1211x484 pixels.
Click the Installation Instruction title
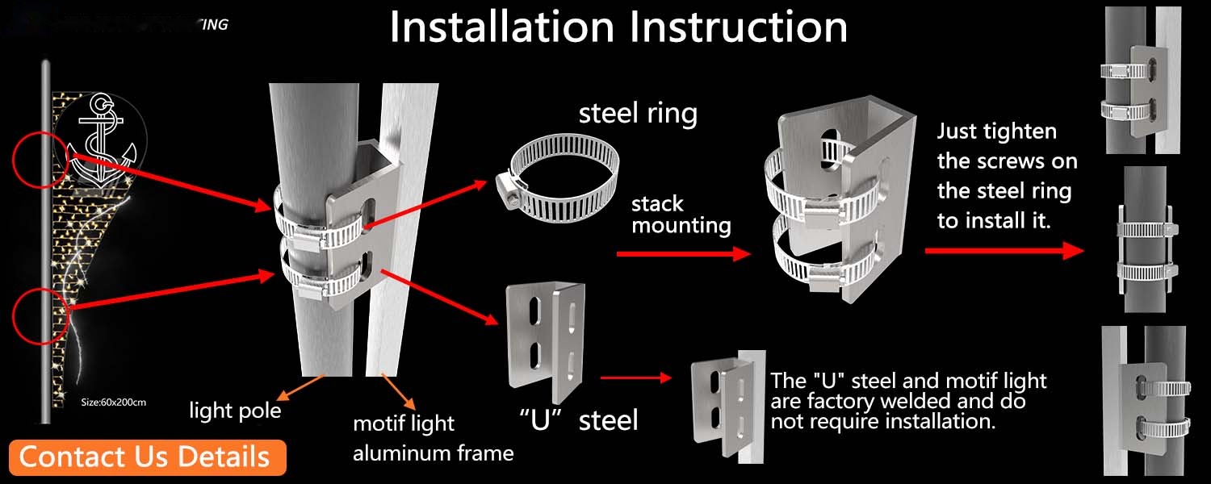pyautogui.click(x=618, y=27)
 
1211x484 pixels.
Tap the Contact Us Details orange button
pyautogui.click(x=145, y=457)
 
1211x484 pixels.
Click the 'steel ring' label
pyautogui.click(x=638, y=114)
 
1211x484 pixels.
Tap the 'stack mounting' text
pyautogui.click(x=681, y=214)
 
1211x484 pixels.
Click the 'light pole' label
pyautogui.click(x=235, y=411)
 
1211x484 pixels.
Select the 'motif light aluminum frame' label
pyautogui.click(x=433, y=438)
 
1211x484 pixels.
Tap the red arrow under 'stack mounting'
pyautogui.click(x=682, y=254)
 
